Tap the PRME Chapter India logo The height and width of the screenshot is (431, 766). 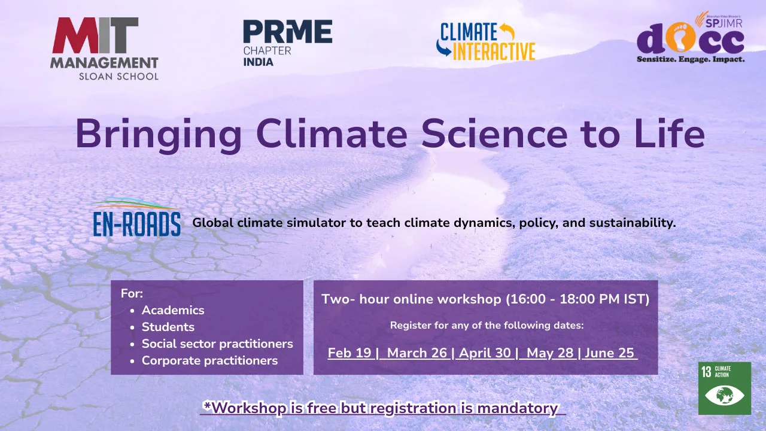pyautogui.click(x=287, y=43)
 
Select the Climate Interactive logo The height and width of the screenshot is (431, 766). pyautogui.click(x=486, y=42)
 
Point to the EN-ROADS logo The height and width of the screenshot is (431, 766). pyautogui.click(x=136, y=218)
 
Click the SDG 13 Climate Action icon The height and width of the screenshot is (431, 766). pyautogui.click(x=724, y=388)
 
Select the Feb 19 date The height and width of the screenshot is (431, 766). pyautogui.click(x=349, y=353)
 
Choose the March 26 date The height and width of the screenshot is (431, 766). pyautogui.click(x=417, y=353)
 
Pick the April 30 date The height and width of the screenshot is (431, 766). pyautogui.click(x=485, y=353)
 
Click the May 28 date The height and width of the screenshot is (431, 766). pyautogui.click(x=550, y=353)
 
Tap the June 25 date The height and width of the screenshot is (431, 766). pyautogui.click(x=609, y=353)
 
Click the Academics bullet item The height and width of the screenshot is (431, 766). pyautogui.click(x=172, y=310)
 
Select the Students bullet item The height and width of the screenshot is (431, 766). pyautogui.click(x=168, y=327)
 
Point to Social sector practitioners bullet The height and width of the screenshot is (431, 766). pyautogui.click(x=217, y=344)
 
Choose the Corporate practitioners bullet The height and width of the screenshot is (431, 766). pyautogui.click(x=209, y=360)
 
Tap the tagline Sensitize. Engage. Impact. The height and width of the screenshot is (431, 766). pyautogui.click(x=691, y=60)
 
